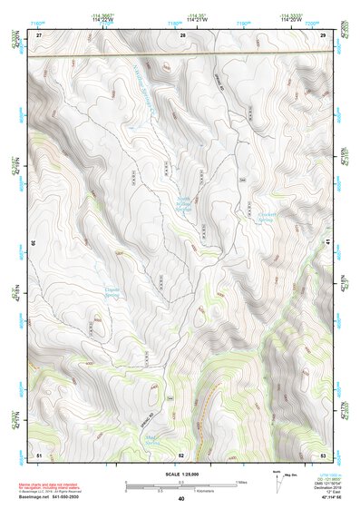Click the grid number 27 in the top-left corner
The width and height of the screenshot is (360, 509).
coord(39,34)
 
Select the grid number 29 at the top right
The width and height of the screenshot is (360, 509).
coord(324,34)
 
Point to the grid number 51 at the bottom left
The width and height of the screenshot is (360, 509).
coord(39,454)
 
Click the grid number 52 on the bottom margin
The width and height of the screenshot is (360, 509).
coord(181,454)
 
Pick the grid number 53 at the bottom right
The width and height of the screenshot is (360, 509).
coord(324,454)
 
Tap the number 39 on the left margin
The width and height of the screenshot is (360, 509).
coord(34,243)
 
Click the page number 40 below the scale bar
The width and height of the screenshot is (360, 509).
coord(181,498)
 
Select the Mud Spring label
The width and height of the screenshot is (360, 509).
coord(152,440)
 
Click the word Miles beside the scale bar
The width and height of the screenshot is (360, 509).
coord(240,481)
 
